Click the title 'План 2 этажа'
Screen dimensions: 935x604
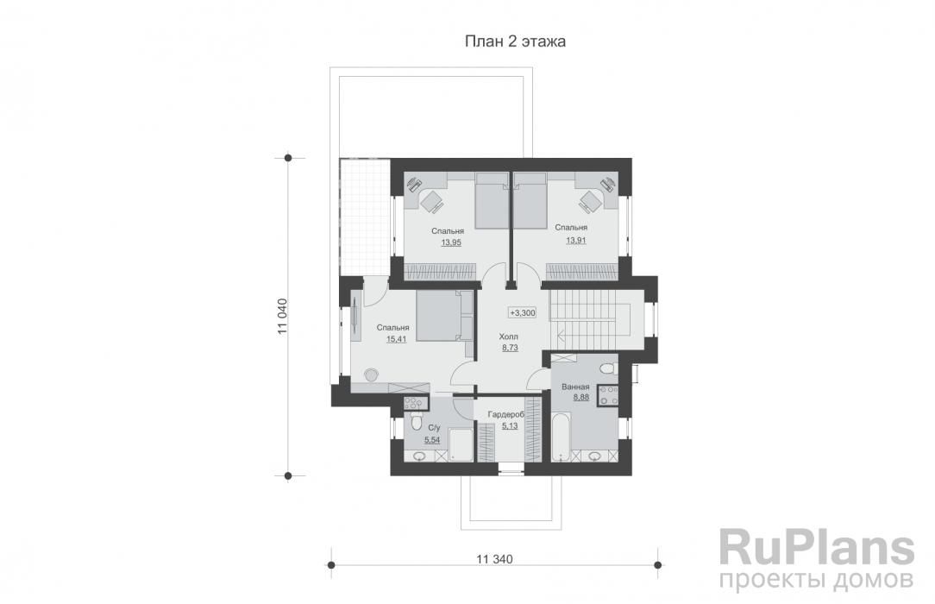coord(515,41)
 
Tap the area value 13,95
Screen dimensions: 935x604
coord(451,242)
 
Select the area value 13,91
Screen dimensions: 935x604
coord(576,240)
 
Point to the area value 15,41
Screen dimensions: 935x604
coord(397,339)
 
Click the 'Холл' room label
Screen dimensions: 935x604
coord(509,337)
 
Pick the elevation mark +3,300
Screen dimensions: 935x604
coord(523,312)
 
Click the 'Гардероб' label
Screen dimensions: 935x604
coord(505,414)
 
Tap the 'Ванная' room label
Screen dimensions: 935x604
coord(575,387)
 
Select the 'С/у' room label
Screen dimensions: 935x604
coord(434,427)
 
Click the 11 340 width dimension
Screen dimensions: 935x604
coord(494,559)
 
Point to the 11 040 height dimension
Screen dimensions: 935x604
coord(283,317)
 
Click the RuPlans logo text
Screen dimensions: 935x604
coord(817,546)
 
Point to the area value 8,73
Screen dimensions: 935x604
coord(510,348)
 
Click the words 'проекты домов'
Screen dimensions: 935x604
coord(817,580)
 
